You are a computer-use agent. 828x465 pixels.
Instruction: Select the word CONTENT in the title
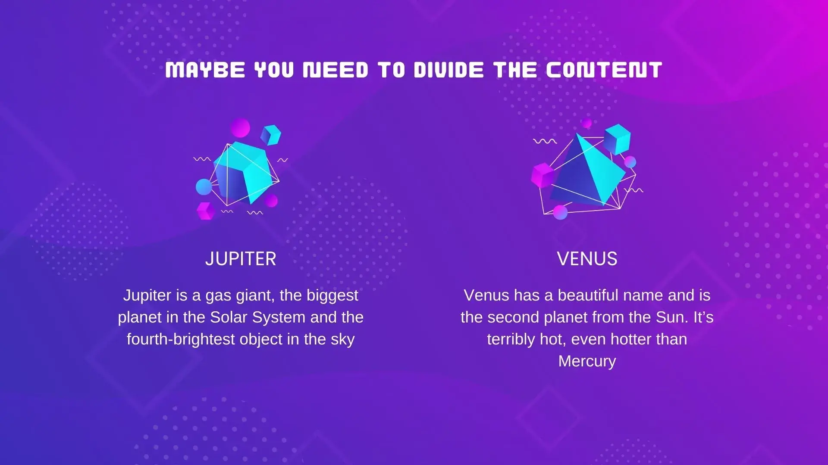pos(604,70)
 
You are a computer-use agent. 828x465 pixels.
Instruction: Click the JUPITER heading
pos(241,259)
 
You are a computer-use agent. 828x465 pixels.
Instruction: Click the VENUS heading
pos(587,259)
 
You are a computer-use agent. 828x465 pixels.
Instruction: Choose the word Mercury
pos(587,361)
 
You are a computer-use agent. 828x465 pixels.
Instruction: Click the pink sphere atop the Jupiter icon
pos(240,128)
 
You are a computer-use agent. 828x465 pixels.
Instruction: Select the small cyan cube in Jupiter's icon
pos(271,135)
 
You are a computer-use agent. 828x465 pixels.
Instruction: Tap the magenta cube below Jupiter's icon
pos(206,211)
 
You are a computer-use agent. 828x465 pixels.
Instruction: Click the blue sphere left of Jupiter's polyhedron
pos(204,187)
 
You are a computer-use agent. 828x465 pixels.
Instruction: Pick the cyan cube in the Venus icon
pos(617,139)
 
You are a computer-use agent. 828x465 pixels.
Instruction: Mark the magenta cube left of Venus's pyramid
pos(543,175)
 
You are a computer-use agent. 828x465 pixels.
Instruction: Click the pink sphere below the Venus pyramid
pos(560,212)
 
